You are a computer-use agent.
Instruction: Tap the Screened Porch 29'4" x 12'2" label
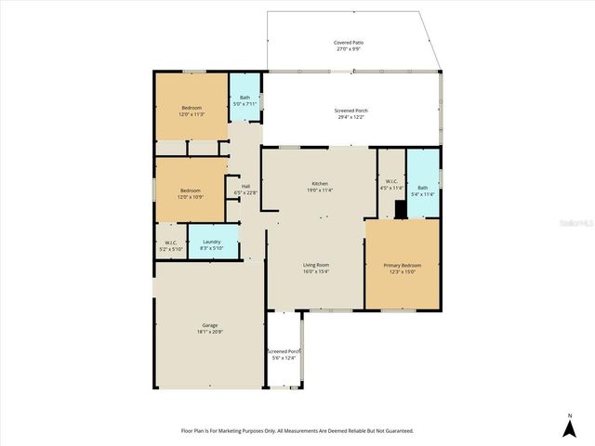(x=350, y=113)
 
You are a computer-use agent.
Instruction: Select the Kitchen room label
(x=319, y=187)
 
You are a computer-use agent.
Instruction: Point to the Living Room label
(x=316, y=268)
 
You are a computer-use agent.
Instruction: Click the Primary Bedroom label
(x=401, y=268)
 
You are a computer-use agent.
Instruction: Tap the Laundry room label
(x=212, y=243)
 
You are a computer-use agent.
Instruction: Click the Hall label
(x=245, y=189)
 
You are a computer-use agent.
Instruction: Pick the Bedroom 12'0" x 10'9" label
(x=191, y=193)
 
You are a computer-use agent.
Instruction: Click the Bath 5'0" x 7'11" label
(x=245, y=100)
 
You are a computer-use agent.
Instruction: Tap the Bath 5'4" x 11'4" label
(x=422, y=190)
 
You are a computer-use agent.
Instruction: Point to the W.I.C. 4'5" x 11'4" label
(x=391, y=184)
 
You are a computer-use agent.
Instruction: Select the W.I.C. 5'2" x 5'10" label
(x=170, y=246)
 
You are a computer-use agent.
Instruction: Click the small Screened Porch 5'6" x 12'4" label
(x=284, y=354)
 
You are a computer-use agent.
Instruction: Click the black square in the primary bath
(x=400, y=210)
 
